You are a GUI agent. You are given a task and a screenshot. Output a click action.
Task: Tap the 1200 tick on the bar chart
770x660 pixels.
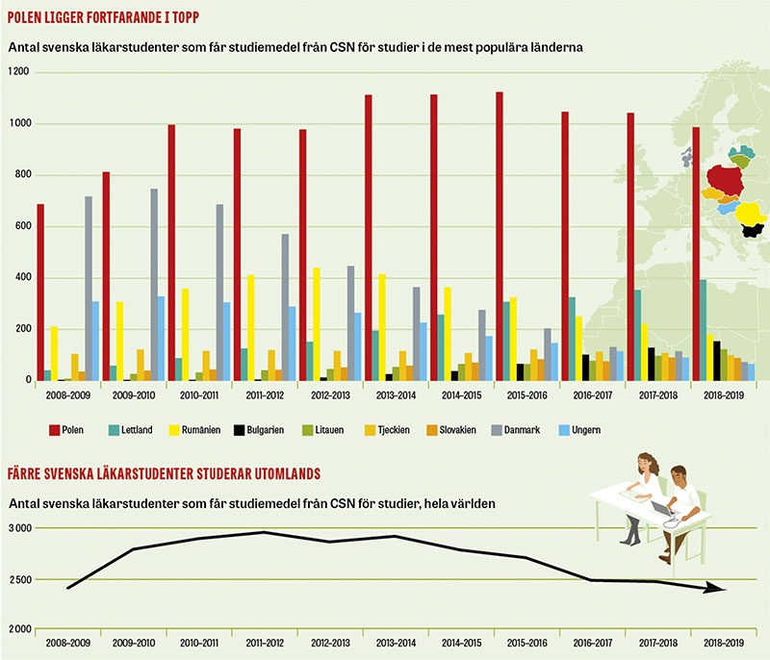[x=19, y=73]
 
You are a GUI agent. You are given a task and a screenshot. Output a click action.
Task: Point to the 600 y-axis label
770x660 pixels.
[x=21, y=227]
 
